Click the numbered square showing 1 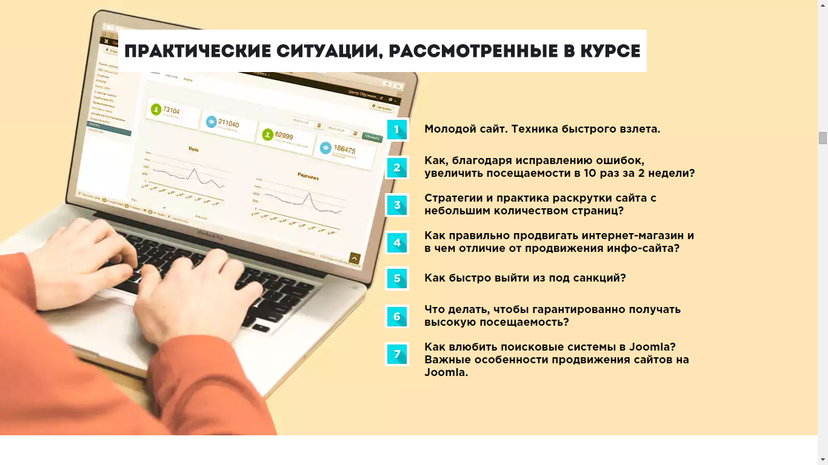click(x=397, y=130)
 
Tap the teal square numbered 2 click(x=397, y=168)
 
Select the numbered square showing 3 click(x=397, y=205)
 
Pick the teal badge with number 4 click(x=397, y=243)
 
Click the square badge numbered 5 click(x=397, y=279)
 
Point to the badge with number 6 click(x=397, y=316)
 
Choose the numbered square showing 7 click(x=397, y=354)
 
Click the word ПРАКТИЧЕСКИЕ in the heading click(x=198, y=51)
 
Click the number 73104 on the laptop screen click(x=172, y=111)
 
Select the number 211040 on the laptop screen click(x=228, y=124)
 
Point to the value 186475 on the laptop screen click(x=344, y=149)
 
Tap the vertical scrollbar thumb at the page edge click(x=823, y=138)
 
